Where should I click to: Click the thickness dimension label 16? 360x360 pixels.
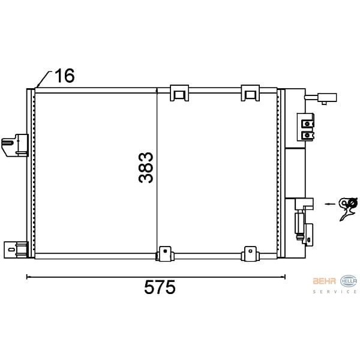click(65, 76)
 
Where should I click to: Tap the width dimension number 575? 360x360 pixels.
click(160, 289)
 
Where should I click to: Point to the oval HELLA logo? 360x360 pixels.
click(348, 281)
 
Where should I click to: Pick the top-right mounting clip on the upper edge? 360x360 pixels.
click(250, 92)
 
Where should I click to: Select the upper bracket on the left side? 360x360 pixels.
click(16, 144)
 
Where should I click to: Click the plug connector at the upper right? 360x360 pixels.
click(328, 99)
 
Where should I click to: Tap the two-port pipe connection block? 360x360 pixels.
click(307, 128)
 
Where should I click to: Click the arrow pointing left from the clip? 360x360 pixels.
click(331, 203)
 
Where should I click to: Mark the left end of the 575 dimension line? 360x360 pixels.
click(27, 277)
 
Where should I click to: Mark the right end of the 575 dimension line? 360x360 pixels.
click(285, 277)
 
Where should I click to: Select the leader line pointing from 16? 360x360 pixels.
click(43, 79)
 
